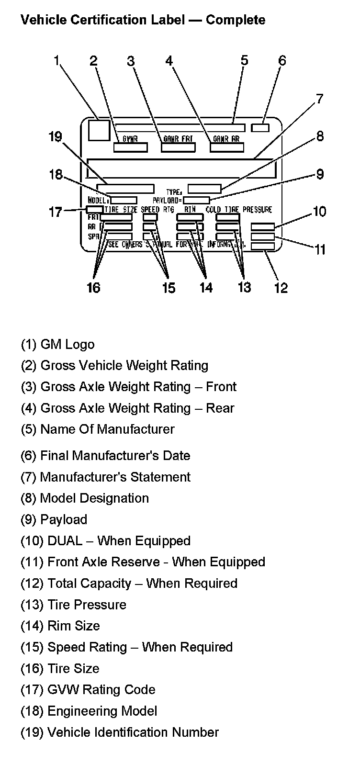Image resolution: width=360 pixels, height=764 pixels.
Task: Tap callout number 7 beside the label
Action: [319, 99]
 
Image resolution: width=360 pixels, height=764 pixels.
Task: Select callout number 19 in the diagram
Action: [56, 137]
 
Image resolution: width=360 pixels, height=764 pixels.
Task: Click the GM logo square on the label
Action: [99, 130]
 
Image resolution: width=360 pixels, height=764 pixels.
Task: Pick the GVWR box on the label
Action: [130, 146]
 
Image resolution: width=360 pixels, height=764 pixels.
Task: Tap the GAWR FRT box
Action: [178, 146]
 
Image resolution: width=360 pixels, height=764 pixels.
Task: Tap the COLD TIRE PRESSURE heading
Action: [239, 210]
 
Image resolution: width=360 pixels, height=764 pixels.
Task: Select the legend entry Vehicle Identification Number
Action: [119, 732]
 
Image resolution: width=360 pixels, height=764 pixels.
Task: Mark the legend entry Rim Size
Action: [60, 626]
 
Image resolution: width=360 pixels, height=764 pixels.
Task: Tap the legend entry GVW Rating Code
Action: [88, 689]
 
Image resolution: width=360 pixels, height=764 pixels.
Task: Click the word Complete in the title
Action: [236, 20]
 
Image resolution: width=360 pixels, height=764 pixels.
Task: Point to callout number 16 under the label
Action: [93, 287]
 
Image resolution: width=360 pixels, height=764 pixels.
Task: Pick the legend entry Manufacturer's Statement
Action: [105, 477]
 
